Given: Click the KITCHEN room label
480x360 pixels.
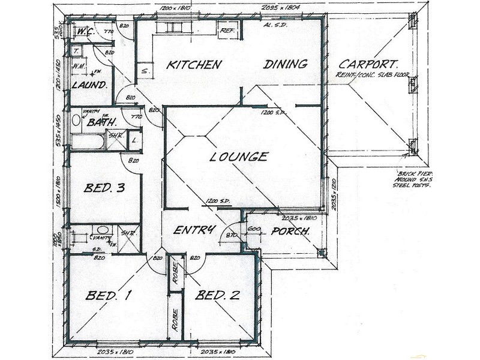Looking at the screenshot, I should point(194,64).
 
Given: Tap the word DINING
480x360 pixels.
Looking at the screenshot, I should point(286,64).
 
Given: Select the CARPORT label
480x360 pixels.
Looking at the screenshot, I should point(369,64).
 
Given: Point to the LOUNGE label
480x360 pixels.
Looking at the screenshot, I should point(239,157).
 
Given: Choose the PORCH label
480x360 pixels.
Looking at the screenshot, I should point(290,232).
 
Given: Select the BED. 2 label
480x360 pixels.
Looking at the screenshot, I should point(218,295).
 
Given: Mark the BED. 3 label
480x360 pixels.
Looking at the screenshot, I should point(104,188).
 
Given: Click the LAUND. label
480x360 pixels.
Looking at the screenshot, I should point(89,85).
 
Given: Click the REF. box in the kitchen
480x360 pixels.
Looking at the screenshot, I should point(227,30).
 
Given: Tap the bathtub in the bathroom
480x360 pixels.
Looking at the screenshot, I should point(88,142).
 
